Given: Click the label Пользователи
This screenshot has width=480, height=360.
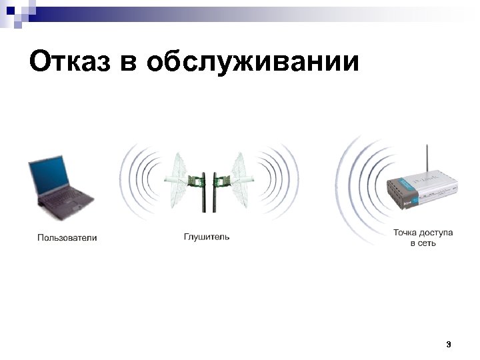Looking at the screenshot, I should pyautogui.click(x=67, y=237).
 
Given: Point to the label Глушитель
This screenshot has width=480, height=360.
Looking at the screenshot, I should pyautogui.click(x=207, y=237).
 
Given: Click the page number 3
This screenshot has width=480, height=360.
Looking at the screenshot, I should pyautogui.click(x=448, y=345).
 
